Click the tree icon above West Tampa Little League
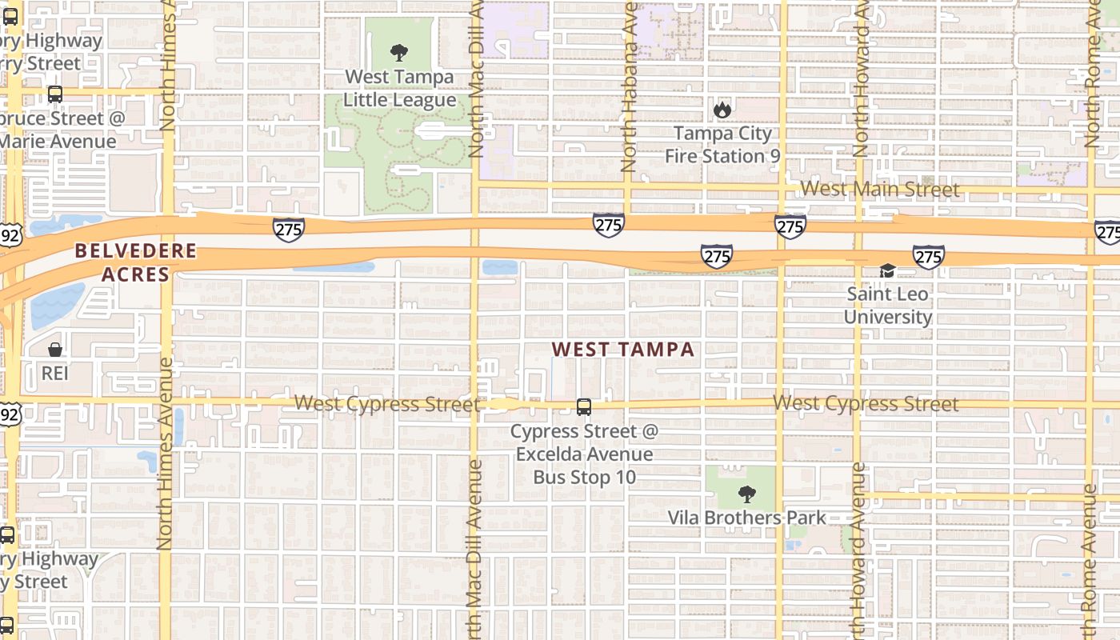tap(398, 54)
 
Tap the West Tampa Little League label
tap(399, 89)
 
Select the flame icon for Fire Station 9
tap(722, 110)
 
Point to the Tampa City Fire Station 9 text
tap(722, 145)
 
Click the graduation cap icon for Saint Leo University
tap(887, 270)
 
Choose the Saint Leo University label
tap(888, 306)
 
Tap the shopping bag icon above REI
tap(55, 350)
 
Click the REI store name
tap(55, 373)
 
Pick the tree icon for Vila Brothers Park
tap(746, 494)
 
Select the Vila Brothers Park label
tap(746, 518)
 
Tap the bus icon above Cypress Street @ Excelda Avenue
tap(584, 407)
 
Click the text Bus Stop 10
tap(584, 478)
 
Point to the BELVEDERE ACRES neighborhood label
tap(135, 262)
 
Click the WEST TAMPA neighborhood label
tap(623, 349)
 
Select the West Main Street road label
tap(879, 189)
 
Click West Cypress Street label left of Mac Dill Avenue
tap(386, 403)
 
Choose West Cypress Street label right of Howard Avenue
tap(866, 403)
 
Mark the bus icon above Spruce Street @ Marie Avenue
tap(55, 94)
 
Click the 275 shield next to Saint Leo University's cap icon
tap(928, 257)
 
